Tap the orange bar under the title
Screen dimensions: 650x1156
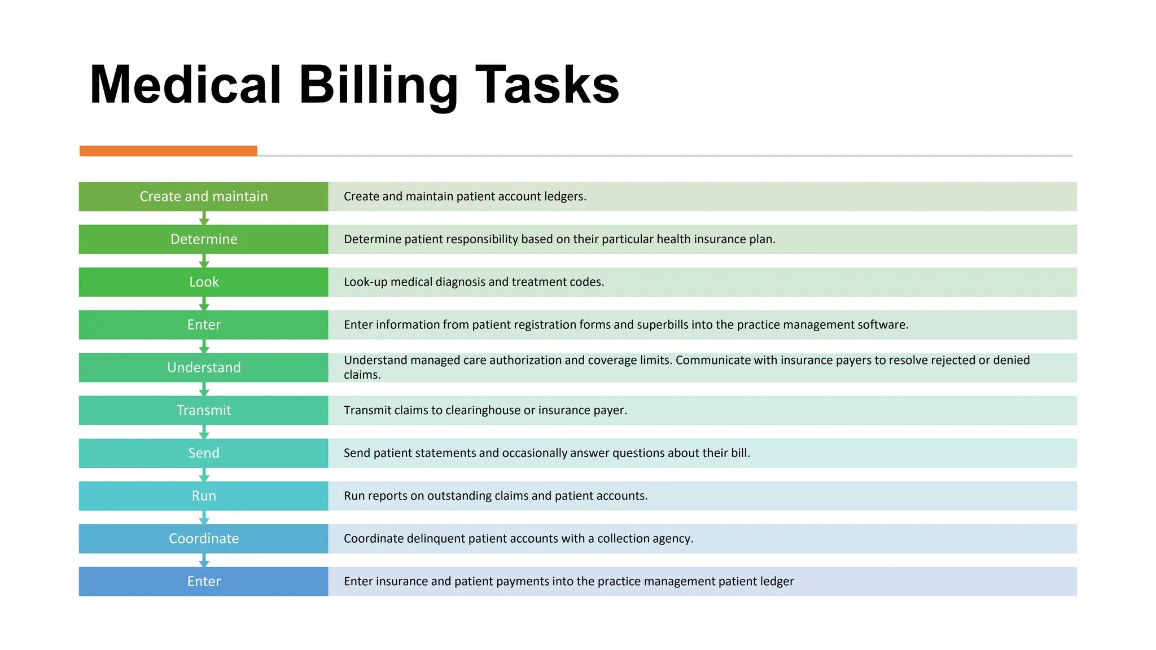(168, 151)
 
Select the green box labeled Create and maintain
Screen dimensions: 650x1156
(203, 196)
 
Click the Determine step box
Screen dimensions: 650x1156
(203, 239)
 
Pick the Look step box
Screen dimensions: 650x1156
(203, 282)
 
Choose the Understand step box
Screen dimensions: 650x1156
(203, 368)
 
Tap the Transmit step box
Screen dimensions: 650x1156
(203, 410)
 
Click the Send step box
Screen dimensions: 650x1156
(203, 453)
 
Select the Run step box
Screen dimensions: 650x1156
(203, 496)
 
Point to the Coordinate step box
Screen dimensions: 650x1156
(203, 539)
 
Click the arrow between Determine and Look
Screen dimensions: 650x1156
(204, 261)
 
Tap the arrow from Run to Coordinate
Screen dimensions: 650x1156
(204, 517)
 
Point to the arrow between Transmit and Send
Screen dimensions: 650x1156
(204, 432)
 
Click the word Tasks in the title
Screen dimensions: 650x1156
(547, 86)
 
